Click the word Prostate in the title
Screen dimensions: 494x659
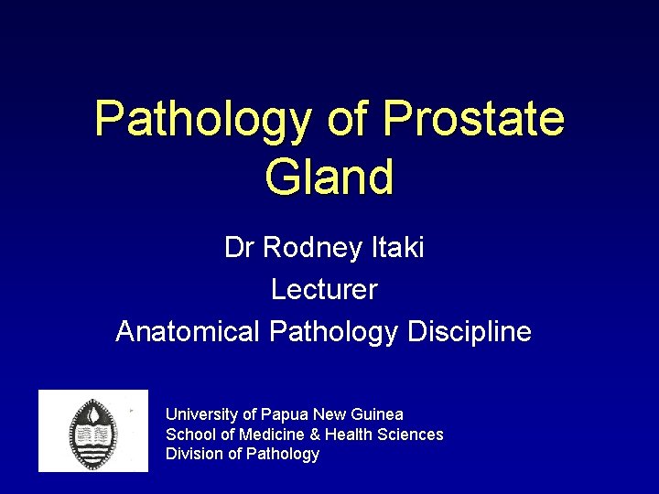(474, 119)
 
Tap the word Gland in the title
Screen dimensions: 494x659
(329, 177)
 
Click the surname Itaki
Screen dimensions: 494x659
(397, 248)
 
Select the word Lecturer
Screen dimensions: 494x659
(324, 290)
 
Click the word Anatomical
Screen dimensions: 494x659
(189, 331)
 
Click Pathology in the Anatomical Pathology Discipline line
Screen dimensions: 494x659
(333, 331)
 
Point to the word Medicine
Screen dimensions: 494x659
(268, 435)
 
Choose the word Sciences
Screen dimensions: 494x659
(409, 435)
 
